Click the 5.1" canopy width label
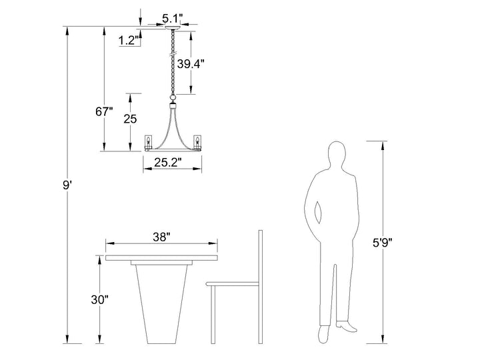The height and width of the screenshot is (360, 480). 173,19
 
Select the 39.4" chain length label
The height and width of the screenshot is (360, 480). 191,64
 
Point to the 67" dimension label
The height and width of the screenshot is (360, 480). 104,112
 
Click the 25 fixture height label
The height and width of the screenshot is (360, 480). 130,119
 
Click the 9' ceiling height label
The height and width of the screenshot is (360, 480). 67,185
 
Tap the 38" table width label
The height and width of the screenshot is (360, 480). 161,237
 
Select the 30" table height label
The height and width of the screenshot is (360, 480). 100,300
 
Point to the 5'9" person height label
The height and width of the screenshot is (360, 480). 383,243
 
